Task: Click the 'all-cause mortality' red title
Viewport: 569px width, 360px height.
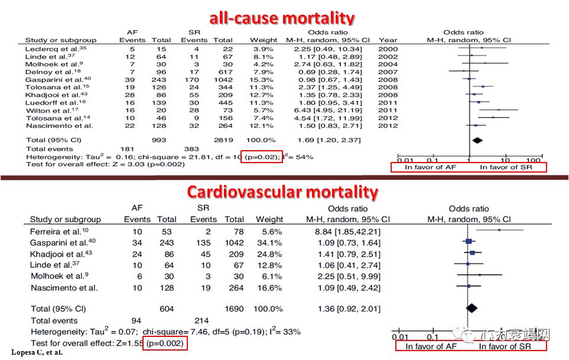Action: pyautogui.click(x=281, y=18)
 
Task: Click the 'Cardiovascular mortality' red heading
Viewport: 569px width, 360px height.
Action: pyautogui.click(x=282, y=192)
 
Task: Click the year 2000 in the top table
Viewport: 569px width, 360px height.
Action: pyautogui.click(x=388, y=48)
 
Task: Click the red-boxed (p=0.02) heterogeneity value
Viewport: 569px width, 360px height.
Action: pyautogui.click(x=261, y=157)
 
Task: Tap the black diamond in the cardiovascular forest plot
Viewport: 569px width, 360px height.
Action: pyautogui.click(x=472, y=307)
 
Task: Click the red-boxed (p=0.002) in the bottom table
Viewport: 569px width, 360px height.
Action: pyautogui.click(x=167, y=343)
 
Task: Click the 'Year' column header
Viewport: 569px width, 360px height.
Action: pyautogui.click(x=388, y=40)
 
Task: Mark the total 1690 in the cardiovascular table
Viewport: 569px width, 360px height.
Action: pyautogui.click(x=235, y=309)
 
